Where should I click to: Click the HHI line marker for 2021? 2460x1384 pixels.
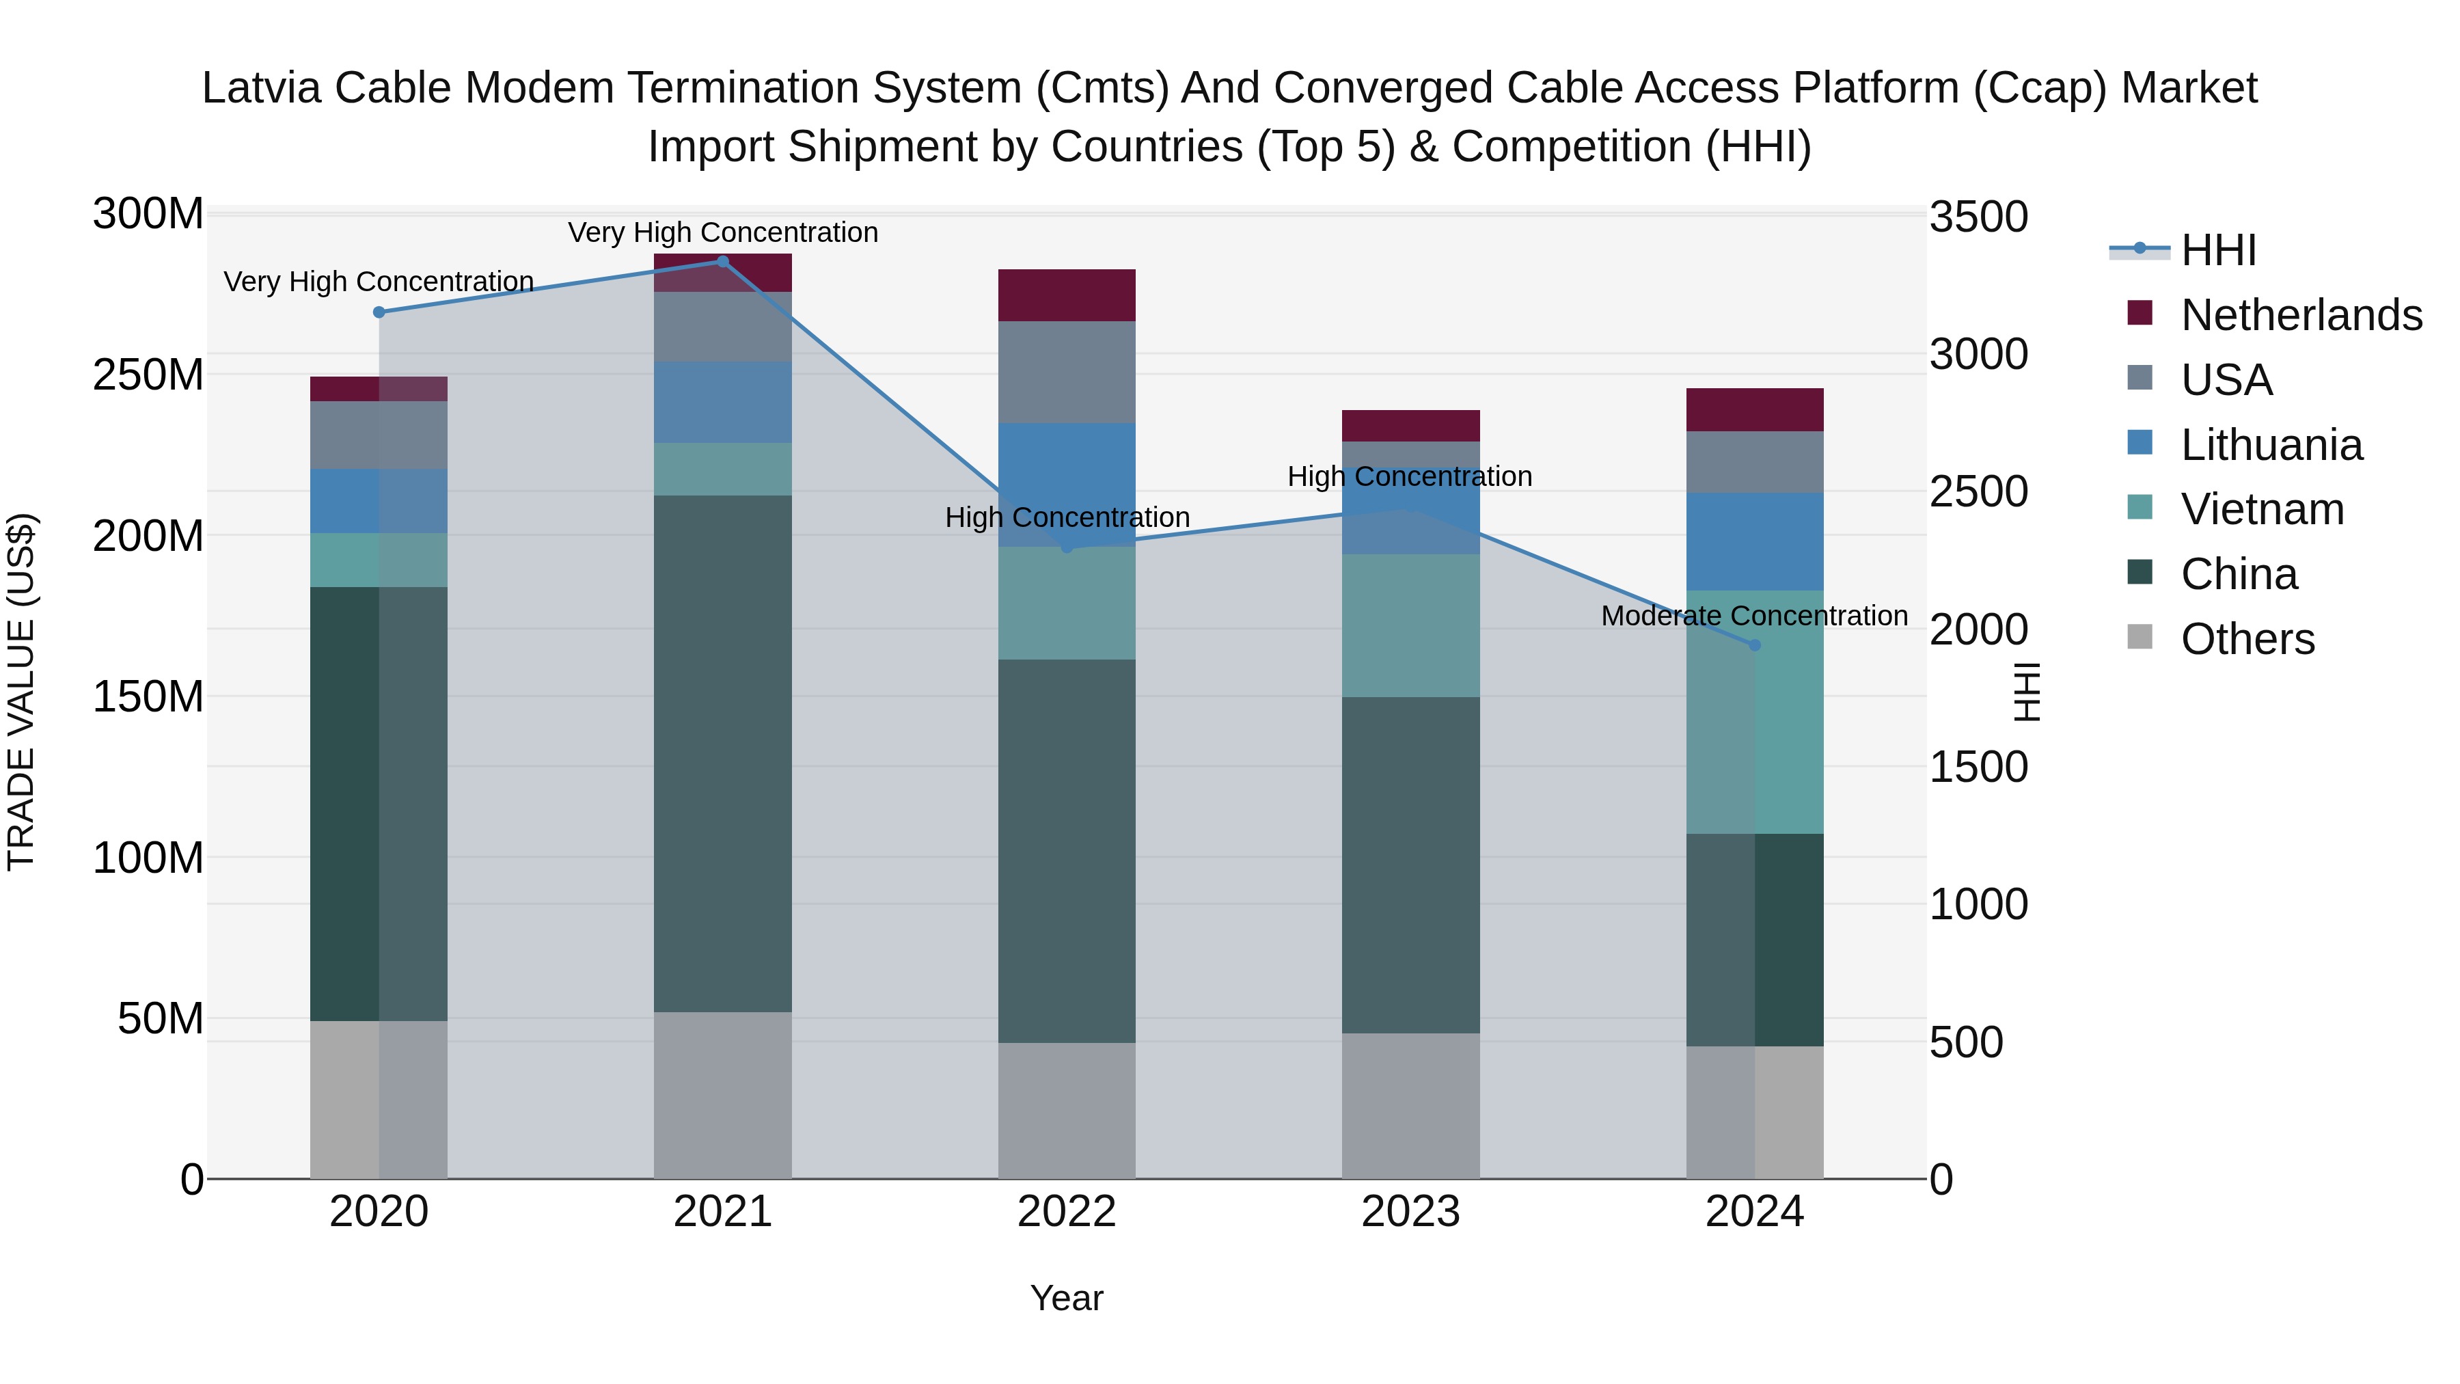[x=722, y=262]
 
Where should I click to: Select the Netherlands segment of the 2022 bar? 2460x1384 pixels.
[x=1067, y=295]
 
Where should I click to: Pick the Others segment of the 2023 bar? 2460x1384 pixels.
[x=1410, y=1105]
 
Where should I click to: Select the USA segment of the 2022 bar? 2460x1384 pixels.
[x=1067, y=372]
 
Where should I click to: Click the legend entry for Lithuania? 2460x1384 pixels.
[x=2271, y=445]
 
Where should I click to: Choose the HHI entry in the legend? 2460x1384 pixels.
[x=2218, y=250]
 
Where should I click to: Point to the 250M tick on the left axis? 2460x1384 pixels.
[x=148, y=375]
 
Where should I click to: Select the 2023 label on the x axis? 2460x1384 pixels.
[x=1410, y=1212]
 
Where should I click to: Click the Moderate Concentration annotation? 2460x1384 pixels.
[x=1754, y=616]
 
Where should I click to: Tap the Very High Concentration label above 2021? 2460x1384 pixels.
[x=722, y=232]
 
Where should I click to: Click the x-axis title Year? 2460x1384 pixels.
[x=1067, y=1298]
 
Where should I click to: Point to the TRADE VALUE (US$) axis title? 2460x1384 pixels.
[x=21, y=692]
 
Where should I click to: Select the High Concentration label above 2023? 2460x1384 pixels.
[x=1410, y=476]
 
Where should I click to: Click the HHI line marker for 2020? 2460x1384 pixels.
[x=379, y=312]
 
